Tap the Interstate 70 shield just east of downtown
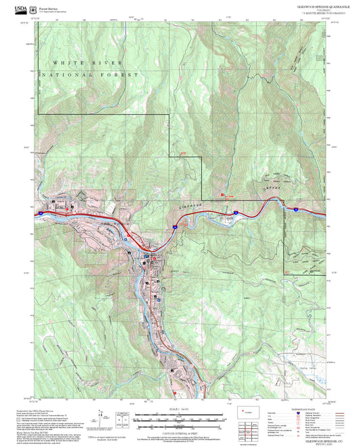(174, 228)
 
